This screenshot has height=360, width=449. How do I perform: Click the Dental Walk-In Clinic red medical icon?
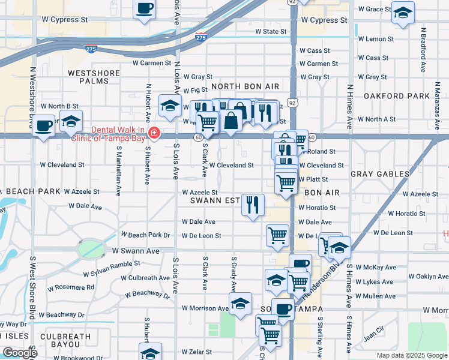pos(154,132)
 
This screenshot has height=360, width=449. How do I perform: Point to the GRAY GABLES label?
pos(379,174)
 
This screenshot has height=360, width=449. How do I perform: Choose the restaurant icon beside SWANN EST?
pos(253,205)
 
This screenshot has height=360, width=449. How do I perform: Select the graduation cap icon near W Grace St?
pos(403,12)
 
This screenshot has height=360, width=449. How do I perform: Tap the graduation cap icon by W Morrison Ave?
pos(240,304)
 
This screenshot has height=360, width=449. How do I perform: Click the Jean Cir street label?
pos(373,331)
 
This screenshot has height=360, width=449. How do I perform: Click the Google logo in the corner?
pos(20,353)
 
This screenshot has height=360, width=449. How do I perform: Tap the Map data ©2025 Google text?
pos(411,355)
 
